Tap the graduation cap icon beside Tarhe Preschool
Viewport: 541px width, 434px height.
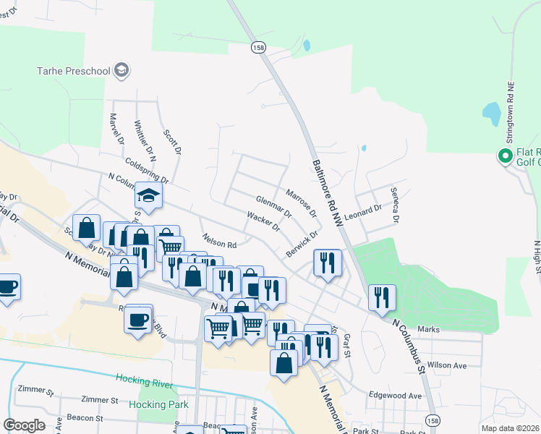click(122, 70)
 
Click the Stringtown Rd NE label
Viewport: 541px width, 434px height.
click(510, 104)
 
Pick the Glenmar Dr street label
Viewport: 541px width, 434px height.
click(273, 206)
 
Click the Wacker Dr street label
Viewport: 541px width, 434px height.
click(263, 222)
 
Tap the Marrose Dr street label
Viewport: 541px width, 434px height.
click(301, 204)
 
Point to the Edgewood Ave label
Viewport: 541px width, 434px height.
click(395, 396)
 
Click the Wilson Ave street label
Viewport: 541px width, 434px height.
click(446, 365)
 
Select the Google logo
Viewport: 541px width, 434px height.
click(24, 425)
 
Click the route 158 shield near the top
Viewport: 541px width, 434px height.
click(258, 47)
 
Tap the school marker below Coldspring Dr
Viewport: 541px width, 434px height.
click(148, 196)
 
